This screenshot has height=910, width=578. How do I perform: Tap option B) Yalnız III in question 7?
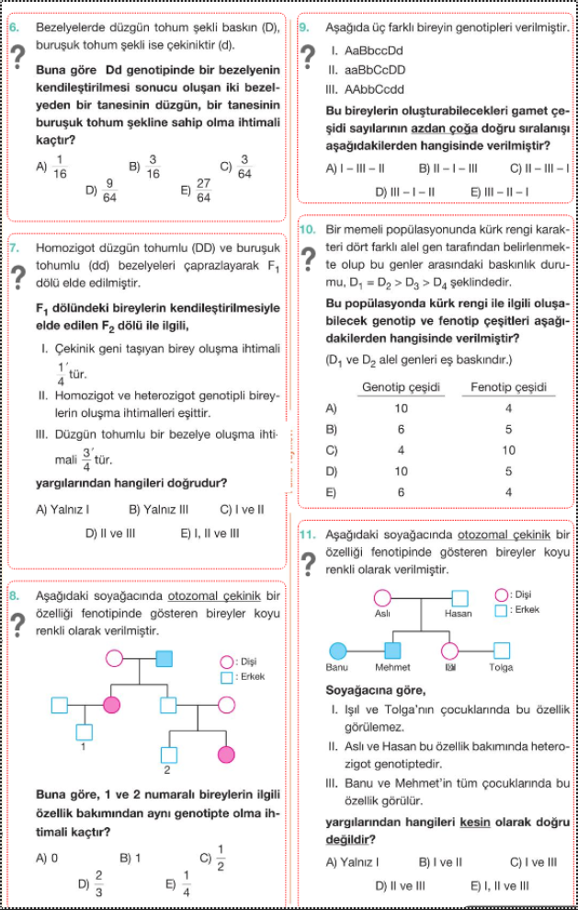coord(159,509)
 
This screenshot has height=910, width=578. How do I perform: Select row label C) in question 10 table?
coord(332,451)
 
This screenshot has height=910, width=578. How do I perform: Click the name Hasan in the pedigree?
coord(458,614)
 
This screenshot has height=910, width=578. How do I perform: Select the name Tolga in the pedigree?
coord(501,667)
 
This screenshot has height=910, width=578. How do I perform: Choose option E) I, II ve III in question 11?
coord(499,886)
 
